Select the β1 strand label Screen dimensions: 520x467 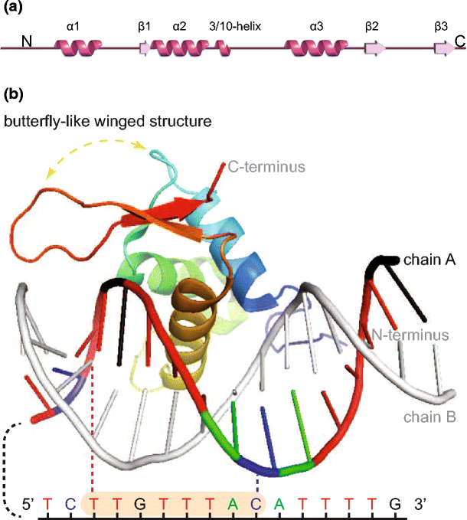point(145,26)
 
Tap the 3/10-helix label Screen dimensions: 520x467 point(235,26)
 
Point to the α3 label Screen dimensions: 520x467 point(316,26)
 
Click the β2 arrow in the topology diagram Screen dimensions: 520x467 point(374,49)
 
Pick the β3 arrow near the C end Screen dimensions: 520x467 point(443,49)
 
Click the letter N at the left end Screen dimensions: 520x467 point(27,41)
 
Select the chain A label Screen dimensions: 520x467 point(430,261)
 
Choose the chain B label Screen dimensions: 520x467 point(430,417)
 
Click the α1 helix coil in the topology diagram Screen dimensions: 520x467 point(75,49)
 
